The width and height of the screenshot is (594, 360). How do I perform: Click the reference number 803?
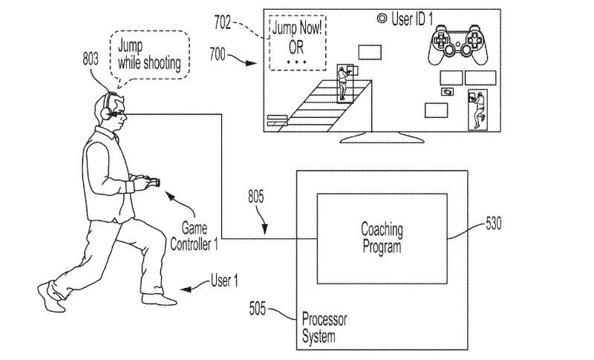click(91, 59)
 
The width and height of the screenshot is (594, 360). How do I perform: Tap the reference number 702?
click(222, 22)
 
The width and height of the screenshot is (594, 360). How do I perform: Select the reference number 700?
click(218, 54)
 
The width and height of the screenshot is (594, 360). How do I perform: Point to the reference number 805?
click(256, 197)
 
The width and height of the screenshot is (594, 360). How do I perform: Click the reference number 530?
click(494, 223)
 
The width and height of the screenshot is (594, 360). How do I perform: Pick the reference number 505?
click(257, 309)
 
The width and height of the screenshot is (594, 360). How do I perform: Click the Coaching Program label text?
click(382, 238)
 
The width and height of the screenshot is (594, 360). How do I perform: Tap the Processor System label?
click(324, 328)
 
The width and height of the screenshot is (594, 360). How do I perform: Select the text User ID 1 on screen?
click(412, 19)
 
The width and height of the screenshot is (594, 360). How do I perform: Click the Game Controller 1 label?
click(195, 236)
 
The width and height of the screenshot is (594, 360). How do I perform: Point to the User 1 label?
click(224, 281)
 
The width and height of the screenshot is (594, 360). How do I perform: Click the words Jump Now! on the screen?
click(298, 28)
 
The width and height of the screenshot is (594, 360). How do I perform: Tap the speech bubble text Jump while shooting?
click(149, 55)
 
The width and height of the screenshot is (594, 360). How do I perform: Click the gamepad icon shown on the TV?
click(458, 45)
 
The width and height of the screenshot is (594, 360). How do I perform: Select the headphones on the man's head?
click(107, 107)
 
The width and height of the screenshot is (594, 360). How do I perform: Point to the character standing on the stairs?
click(343, 84)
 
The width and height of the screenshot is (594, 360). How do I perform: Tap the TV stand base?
click(382, 138)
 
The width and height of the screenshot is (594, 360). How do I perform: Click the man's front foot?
click(159, 299)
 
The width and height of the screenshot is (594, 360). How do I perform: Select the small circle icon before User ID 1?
click(382, 18)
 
